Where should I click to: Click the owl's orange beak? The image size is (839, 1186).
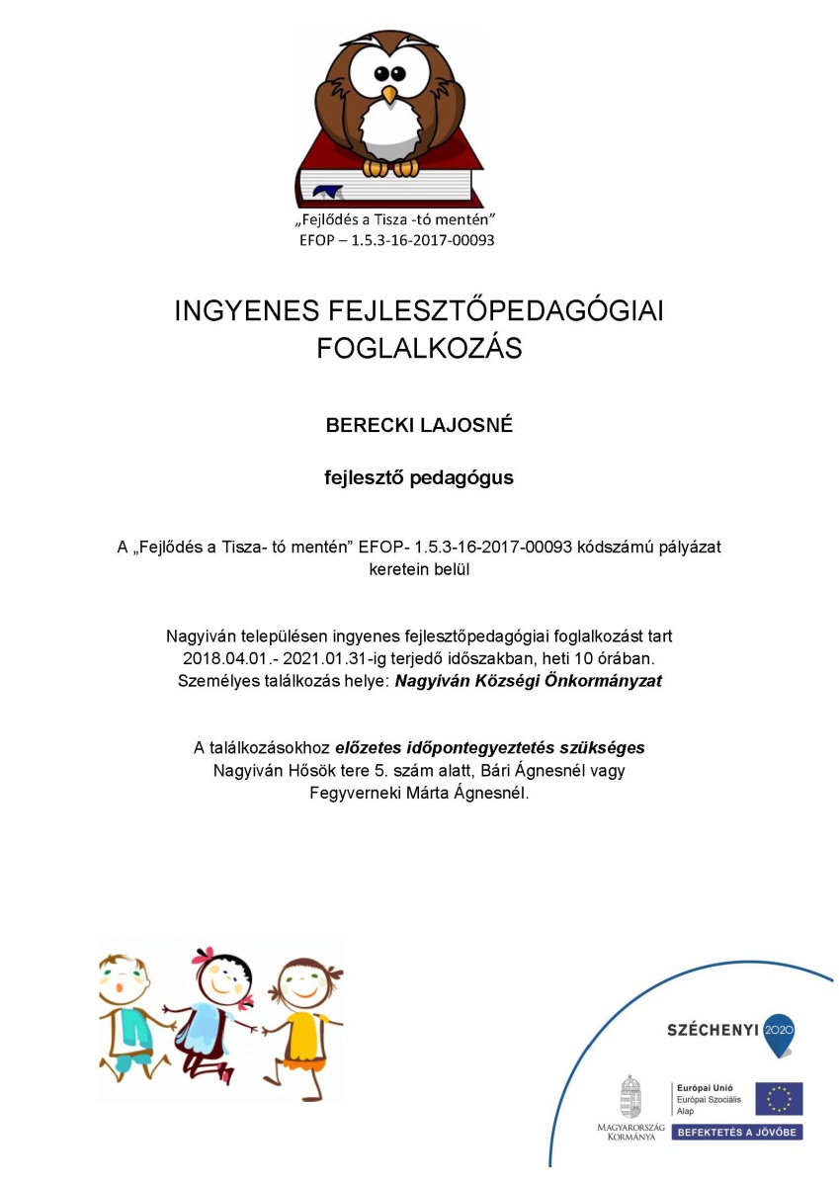tap(389, 95)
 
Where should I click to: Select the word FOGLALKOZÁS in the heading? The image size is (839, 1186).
tap(419, 349)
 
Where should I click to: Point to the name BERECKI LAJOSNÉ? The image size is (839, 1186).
tap(419, 426)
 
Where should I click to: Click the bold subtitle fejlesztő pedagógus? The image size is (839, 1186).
tap(419, 477)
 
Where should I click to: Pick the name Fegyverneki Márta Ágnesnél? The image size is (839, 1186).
tap(420, 793)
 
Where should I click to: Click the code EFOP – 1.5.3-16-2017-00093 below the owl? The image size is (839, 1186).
tap(396, 239)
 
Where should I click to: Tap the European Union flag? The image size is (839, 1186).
tap(779, 1098)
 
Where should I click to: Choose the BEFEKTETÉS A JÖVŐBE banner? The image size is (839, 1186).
tap(737, 1132)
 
